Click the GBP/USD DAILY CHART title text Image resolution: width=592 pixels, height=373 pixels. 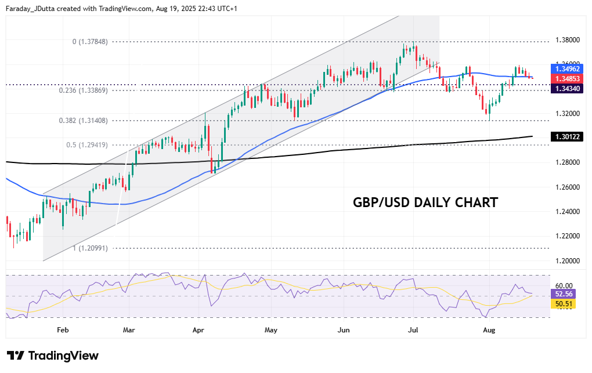[425, 202]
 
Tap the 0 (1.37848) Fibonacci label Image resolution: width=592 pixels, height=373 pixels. [90, 42]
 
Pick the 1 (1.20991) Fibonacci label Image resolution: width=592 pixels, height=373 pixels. [90, 248]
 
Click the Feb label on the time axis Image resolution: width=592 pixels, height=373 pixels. [63, 330]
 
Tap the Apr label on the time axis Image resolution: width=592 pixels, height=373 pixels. [198, 330]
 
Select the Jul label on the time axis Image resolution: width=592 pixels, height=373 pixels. [414, 330]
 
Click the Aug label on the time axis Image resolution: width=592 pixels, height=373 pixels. [489, 330]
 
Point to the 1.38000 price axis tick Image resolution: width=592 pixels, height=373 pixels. [567, 40]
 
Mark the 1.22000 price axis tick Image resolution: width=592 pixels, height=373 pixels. [567, 236]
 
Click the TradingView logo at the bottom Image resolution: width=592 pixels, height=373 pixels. [52, 356]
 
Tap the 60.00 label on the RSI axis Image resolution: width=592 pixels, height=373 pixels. [564, 285]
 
